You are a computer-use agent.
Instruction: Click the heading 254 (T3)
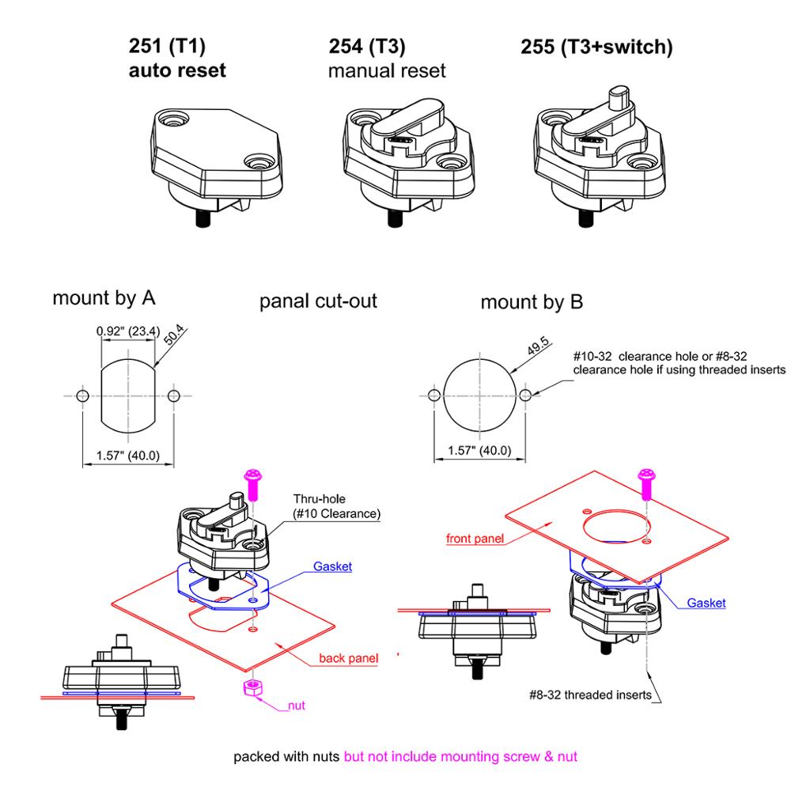coord(366,47)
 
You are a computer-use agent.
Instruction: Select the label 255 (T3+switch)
coord(596,47)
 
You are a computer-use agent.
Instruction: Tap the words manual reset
coord(387,70)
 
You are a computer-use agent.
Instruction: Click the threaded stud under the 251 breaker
coord(202,215)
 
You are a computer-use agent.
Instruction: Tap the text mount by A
coord(104,299)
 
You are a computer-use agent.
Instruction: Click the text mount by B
coord(532,301)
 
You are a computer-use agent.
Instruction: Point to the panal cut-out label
coord(318,301)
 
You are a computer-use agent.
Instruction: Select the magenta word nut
coord(295,705)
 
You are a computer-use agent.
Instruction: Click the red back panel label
coord(347,658)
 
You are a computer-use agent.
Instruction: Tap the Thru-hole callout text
coord(336,507)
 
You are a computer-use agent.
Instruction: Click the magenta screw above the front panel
coord(646,482)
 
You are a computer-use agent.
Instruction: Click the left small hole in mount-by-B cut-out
coord(433,395)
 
